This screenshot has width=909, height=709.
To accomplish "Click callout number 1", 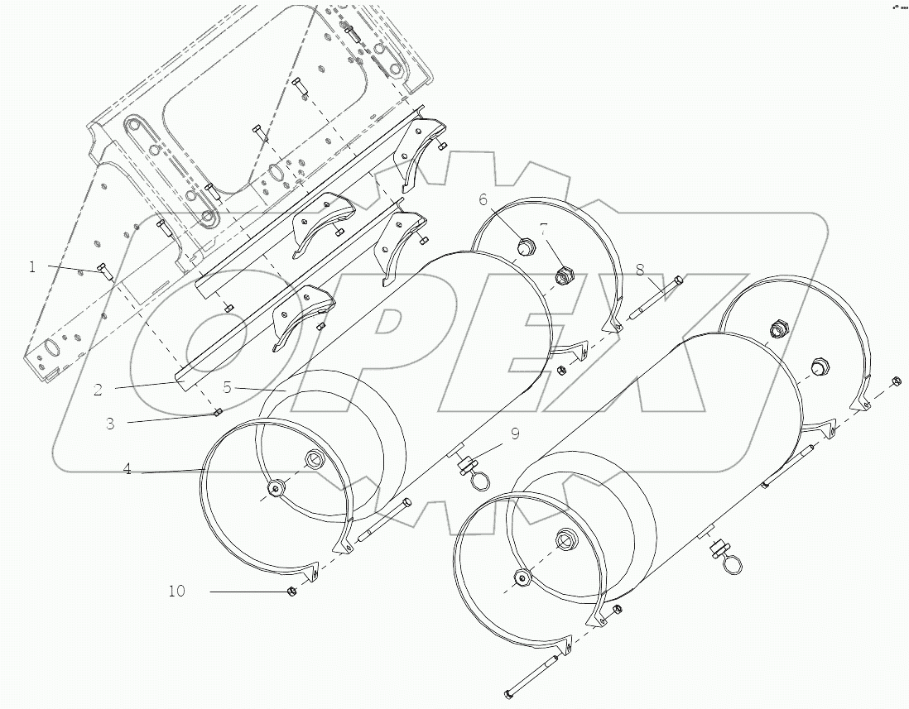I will click(x=32, y=266).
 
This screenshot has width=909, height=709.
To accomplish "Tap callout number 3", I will click(x=110, y=424).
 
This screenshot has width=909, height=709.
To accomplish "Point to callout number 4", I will click(x=127, y=469).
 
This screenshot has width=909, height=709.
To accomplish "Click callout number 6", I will click(x=483, y=200).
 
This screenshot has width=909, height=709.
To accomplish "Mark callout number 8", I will click(x=640, y=269).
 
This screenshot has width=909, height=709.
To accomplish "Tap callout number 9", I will click(x=515, y=433).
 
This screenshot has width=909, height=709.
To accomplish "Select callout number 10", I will click(x=177, y=592).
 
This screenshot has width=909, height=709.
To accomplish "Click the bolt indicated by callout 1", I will click(x=104, y=270).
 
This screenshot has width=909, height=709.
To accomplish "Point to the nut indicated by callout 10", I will click(x=291, y=591).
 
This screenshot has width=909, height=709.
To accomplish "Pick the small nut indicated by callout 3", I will click(x=217, y=412).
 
